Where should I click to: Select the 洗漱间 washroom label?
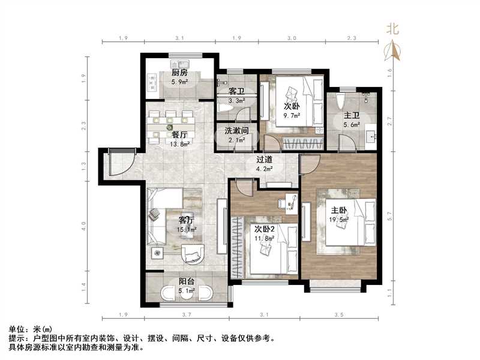click(x=236, y=130)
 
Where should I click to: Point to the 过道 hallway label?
click(x=265, y=160)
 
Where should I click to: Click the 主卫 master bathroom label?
click(x=351, y=116)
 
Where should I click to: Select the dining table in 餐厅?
click(x=170, y=124)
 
